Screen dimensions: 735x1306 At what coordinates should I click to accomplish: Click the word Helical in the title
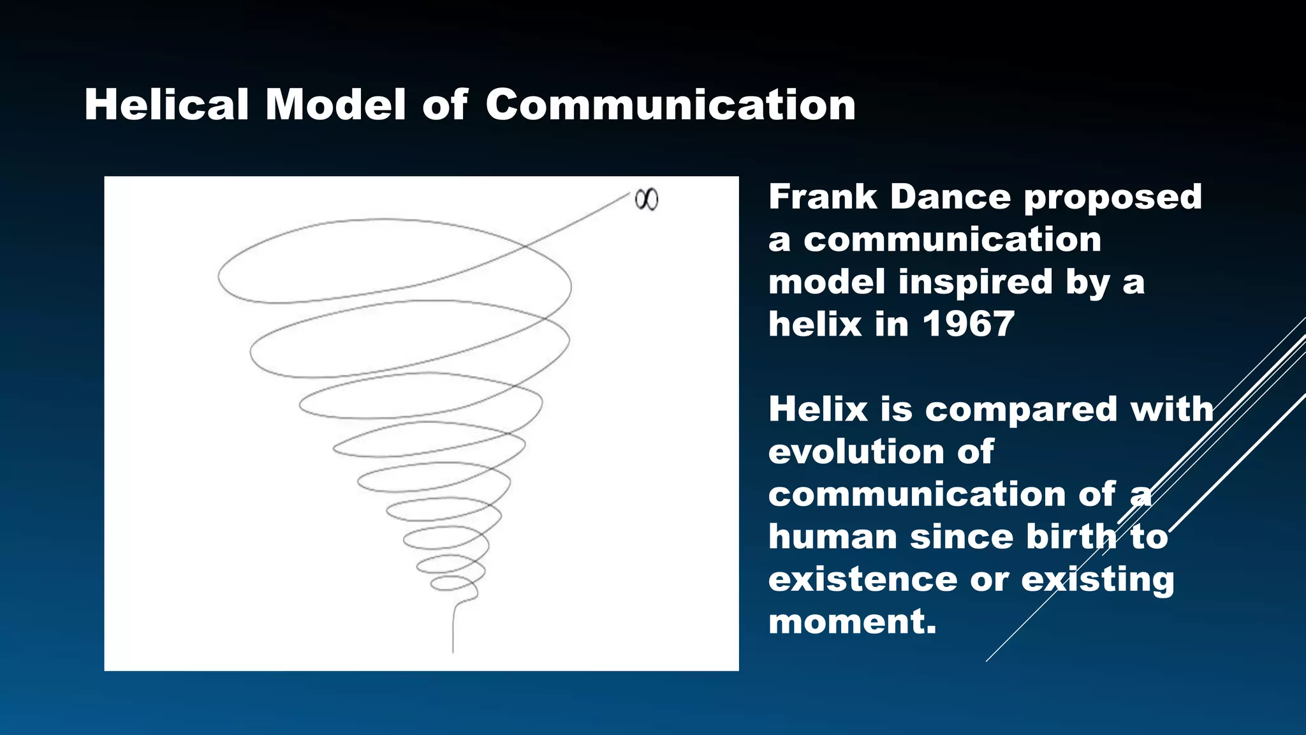[x=166, y=105]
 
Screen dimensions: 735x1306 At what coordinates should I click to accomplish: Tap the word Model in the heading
[x=335, y=105]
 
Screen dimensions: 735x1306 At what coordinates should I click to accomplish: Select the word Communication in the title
[x=670, y=105]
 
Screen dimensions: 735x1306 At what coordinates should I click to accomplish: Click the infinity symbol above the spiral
[x=646, y=200]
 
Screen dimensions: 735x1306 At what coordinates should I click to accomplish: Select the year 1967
[x=967, y=324]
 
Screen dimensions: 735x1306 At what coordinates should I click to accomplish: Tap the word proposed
[x=1113, y=198]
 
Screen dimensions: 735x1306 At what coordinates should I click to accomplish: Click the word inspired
[x=975, y=282]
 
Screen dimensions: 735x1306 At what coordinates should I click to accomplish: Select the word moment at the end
[x=852, y=621]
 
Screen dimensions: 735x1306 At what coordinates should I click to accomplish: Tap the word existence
[x=862, y=579]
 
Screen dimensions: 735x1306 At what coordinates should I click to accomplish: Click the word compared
[x=1021, y=409]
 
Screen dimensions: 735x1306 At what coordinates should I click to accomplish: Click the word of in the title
[x=444, y=105]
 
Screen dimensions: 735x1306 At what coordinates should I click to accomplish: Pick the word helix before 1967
[x=814, y=324]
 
